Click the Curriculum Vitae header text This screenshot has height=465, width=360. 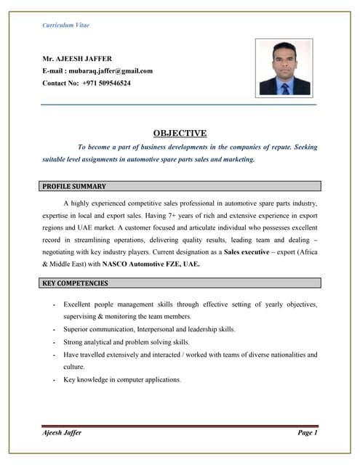pos(66,25)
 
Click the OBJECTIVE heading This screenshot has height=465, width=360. pos(180,133)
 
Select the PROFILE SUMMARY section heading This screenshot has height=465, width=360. pos(74,187)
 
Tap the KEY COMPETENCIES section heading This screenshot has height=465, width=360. pos(75,283)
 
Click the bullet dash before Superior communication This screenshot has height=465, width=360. pos(55,330)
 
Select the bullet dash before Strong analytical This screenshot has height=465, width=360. pos(55,342)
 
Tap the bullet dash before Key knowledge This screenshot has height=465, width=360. pos(55,380)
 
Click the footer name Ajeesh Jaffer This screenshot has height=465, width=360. pos(62,433)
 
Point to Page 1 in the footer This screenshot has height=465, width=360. pos(308,433)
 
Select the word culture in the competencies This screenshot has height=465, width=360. pos(74,367)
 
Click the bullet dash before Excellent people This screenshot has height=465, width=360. pos(55,304)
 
